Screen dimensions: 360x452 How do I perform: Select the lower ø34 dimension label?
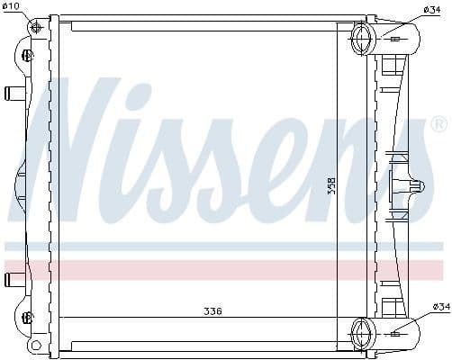point(439,308)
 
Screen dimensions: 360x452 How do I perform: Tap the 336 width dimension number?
point(212,311)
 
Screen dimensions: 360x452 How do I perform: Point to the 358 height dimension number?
point(331,185)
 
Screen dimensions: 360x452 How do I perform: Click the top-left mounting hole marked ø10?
point(37,27)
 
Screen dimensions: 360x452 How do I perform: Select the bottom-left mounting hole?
point(35,346)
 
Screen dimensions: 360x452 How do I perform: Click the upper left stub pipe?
point(14,93)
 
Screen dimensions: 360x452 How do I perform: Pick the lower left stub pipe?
point(14,278)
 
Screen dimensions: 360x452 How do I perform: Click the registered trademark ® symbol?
point(438,123)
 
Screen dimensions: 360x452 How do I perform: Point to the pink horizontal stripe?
point(225,269)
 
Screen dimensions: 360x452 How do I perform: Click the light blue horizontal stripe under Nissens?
point(225,246)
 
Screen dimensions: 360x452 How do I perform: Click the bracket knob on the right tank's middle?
point(416,186)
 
